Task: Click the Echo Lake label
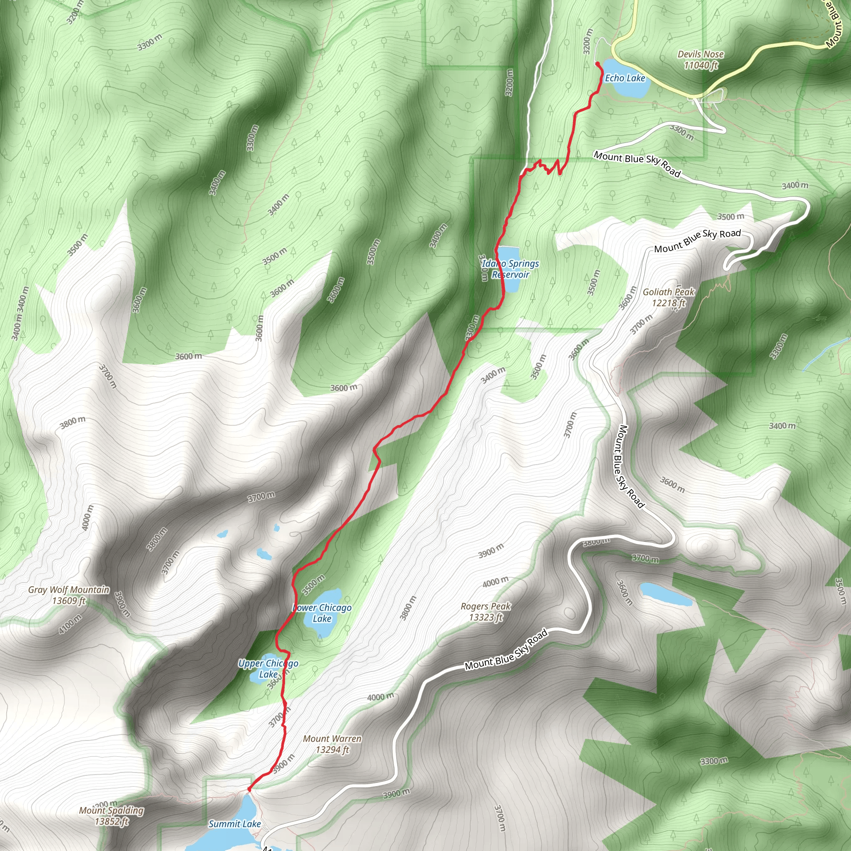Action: point(625,79)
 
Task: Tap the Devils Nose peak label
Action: point(700,59)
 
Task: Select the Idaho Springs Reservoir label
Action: point(511,269)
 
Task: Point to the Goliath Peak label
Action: point(668,298)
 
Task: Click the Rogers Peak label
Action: point(485,611)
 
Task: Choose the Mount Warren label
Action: point(332,744)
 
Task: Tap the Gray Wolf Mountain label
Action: point(69,595)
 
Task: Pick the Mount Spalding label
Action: point(111,816)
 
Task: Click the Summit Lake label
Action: point(235,824)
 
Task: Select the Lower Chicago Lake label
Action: point(322,613)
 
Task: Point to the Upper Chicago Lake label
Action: point(268,669)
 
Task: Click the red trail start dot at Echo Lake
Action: point(597,64)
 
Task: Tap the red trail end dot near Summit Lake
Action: point(249,789)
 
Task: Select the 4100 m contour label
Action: point(71,624)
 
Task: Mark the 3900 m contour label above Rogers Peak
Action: point(491,551)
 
